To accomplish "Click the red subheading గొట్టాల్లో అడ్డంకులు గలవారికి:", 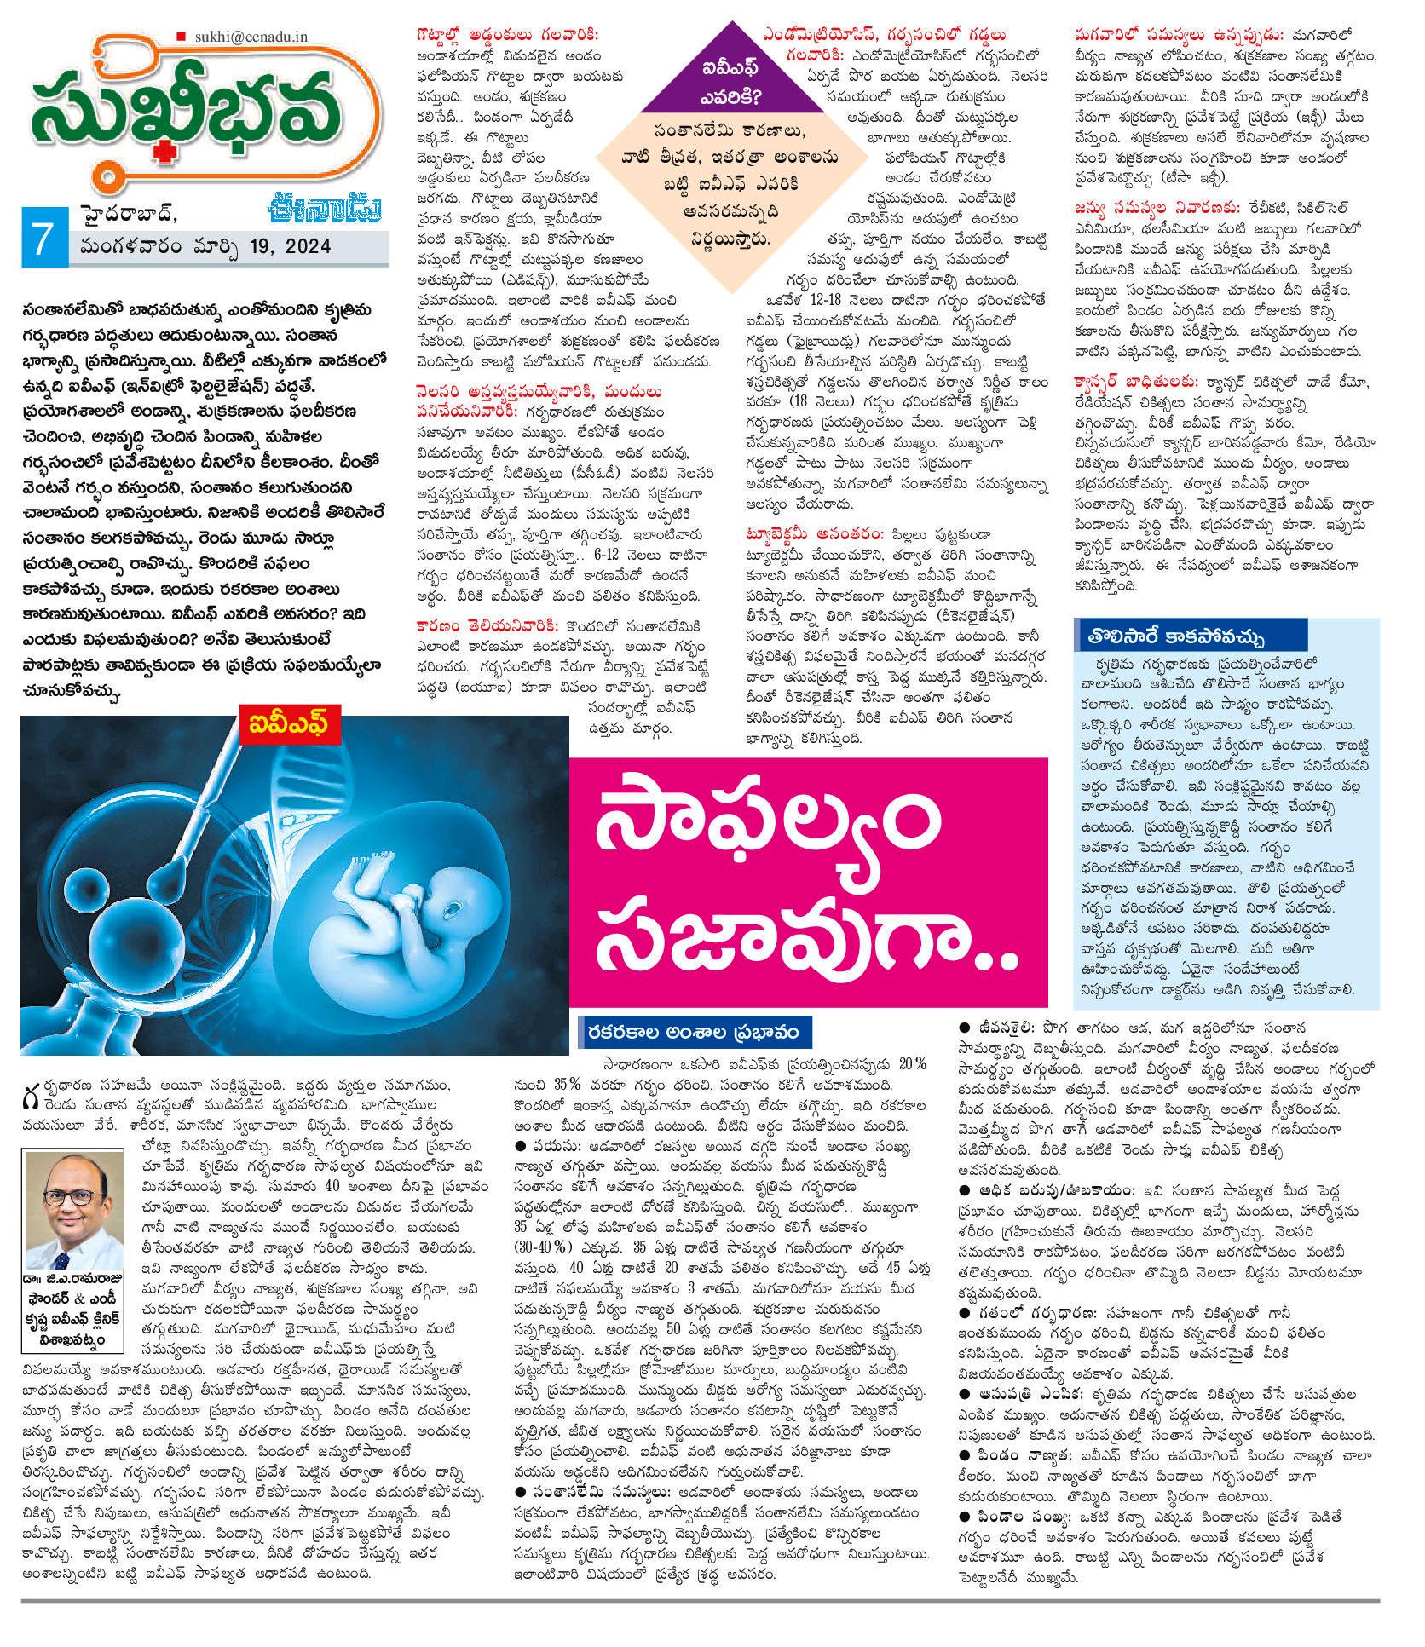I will pyautogui.click(x=508, y=35).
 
